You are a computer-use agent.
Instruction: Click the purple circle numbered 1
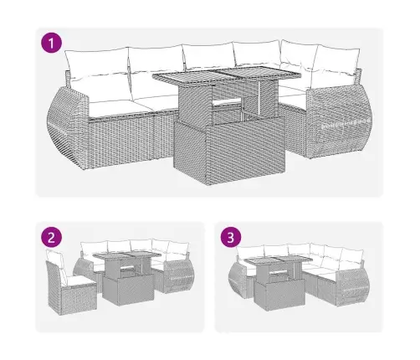click(x=52, y=43)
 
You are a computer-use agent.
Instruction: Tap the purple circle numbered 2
click(x=52, y=238)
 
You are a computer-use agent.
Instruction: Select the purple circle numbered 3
click(x=231, y=238)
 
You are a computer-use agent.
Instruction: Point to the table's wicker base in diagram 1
click(x=228, y=150)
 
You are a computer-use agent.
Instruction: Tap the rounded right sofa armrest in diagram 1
click(x=339, y=123)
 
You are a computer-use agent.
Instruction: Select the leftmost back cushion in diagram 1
click(x=96, y=62)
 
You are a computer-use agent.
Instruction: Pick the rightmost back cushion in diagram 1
click(x=336, y=59)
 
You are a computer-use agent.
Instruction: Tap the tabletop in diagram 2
click(x=127, y=255)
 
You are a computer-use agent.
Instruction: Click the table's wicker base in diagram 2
click(x=128, y=291)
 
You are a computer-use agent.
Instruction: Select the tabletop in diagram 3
click(x=278, y=261)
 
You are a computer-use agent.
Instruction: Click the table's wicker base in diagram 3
click(x=279, y=296)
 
